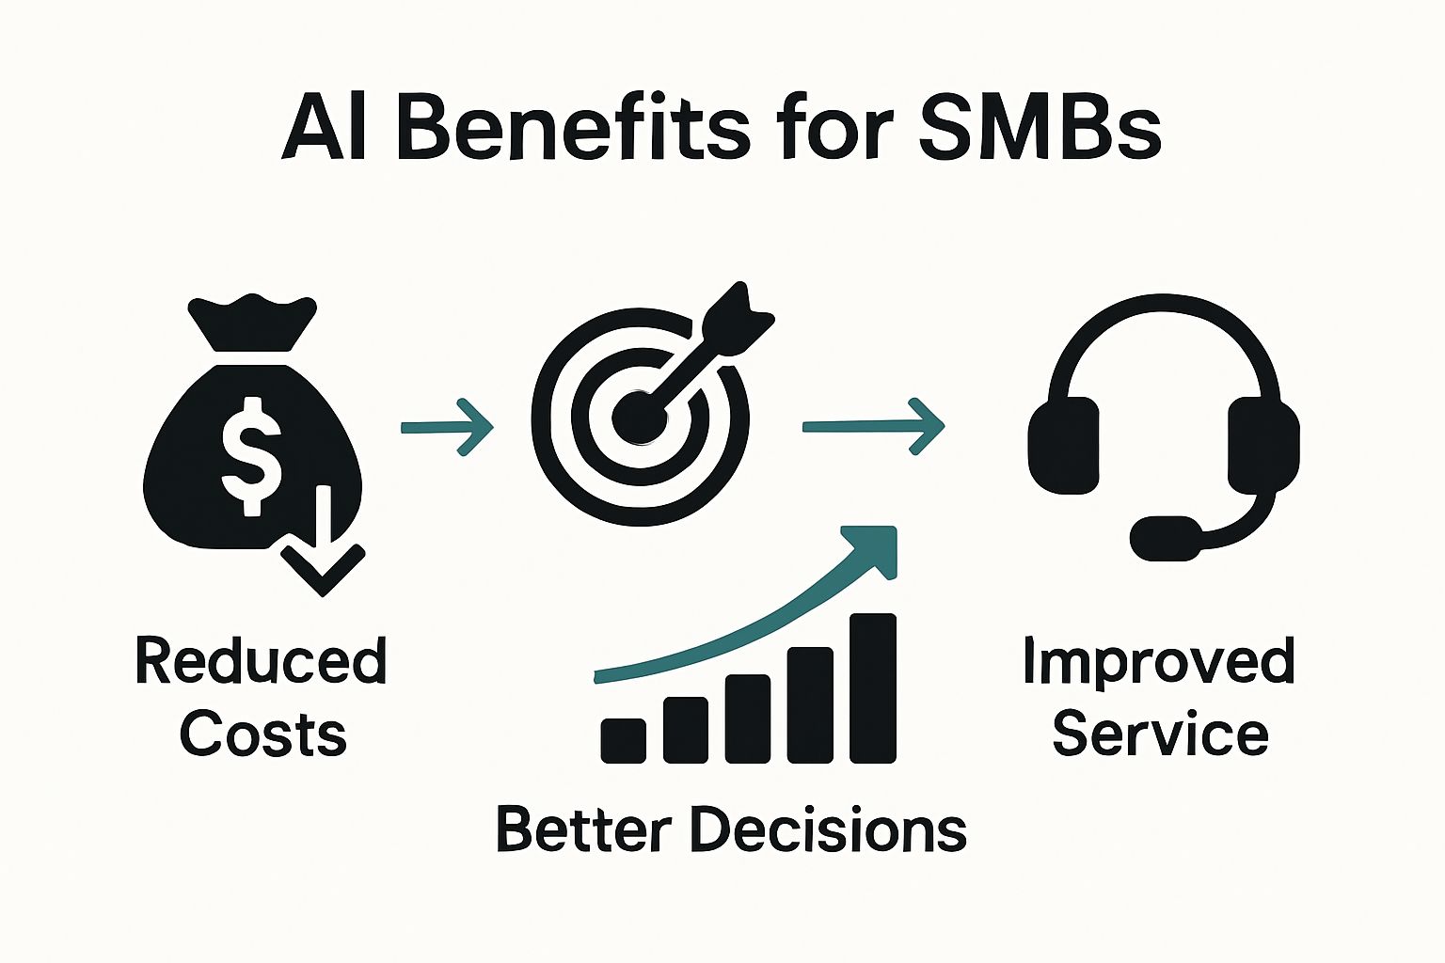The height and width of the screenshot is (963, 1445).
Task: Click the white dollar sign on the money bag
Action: coord(251,454)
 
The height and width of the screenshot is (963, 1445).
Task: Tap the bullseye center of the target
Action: coord(640,415)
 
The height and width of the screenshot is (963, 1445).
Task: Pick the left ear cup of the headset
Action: coord(1064,445)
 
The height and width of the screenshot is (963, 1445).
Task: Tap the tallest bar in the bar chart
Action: coord(873,687)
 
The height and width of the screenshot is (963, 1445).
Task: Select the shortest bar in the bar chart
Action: coord(623,740)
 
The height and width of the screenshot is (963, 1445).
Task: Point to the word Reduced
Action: coord(261,661)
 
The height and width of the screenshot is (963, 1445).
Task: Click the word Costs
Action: coord(263,734)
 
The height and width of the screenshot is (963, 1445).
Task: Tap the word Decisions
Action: coord(828,830)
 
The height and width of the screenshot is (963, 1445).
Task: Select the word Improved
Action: coord(1159,661)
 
